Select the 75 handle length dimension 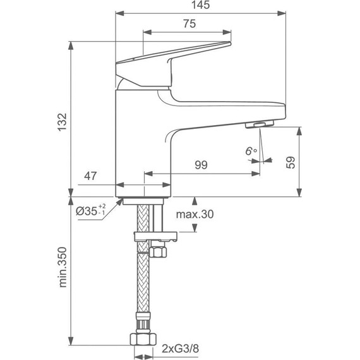pos(188,23)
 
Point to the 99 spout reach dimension pos(201,165)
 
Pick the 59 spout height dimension pos(291,162)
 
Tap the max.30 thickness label pos(195,215)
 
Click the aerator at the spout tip pos(258,125)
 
